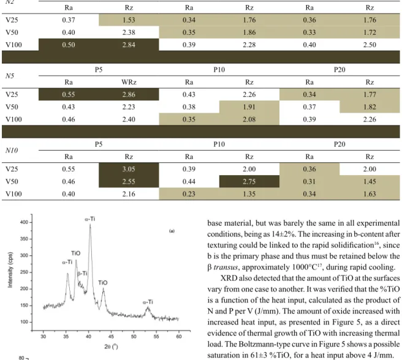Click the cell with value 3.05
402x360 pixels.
coord(129,169)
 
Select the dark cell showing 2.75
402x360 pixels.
coord(249,181)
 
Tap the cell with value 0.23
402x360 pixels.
coord(189,194)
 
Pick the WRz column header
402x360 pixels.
coord(129,82)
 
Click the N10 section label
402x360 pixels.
coord(12,151)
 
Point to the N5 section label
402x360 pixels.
coord(10,76)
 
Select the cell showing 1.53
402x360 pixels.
coord(129,20)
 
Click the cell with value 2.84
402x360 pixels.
coord(129,45)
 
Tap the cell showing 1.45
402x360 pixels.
coord(370,181)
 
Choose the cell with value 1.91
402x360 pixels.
coord(249,107)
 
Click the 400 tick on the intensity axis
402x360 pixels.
coord(24,222)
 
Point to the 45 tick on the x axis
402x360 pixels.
coord(111,336)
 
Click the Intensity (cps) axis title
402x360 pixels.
coord(10,270)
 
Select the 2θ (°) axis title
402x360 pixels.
coord(111,347)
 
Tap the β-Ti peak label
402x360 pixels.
coord(82,274)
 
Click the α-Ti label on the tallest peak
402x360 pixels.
coord(90,219)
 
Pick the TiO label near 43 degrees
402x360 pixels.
coord(103,283)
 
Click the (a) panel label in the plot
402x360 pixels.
coord(172,231)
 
